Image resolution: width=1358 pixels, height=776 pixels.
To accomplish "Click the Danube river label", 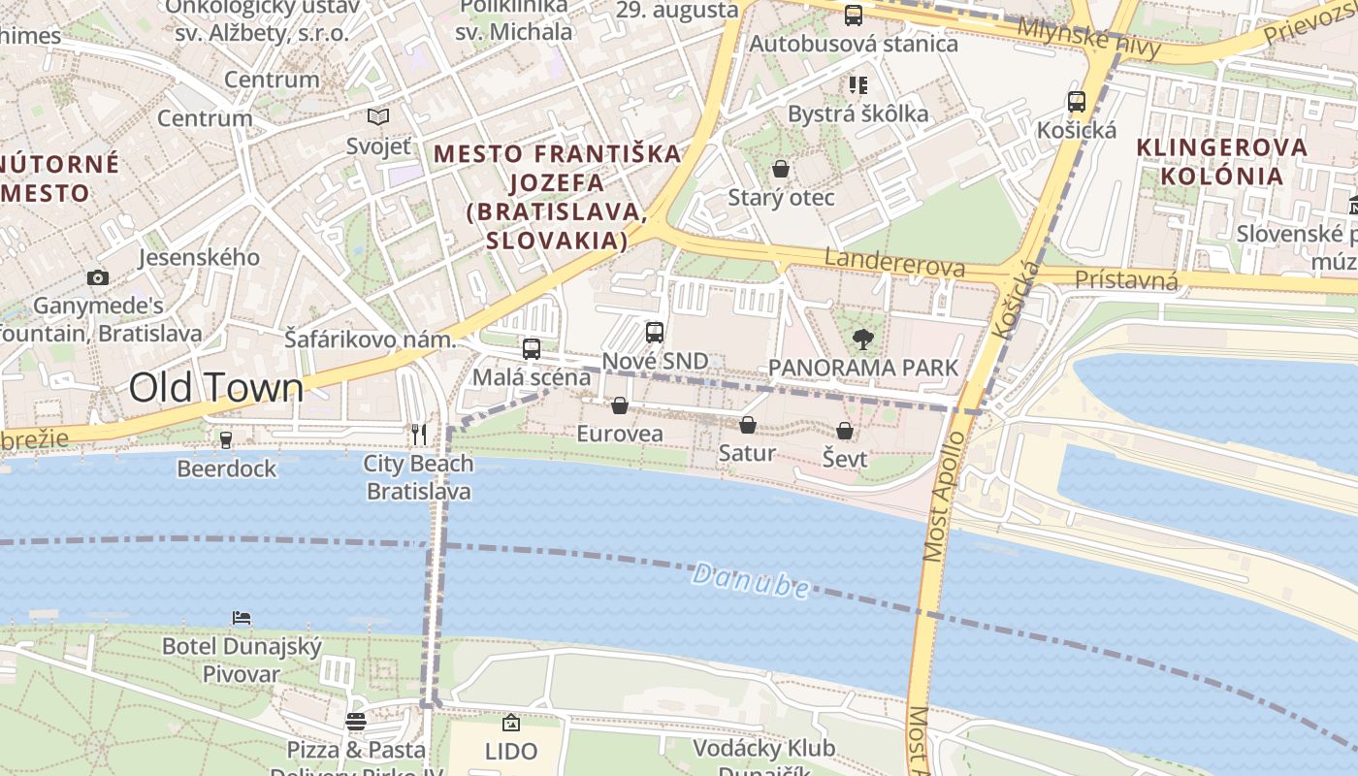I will pyautogui.click(x=751, y=582).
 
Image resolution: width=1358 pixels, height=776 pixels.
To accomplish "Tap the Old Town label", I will pyautogui.click(x=216, y=388).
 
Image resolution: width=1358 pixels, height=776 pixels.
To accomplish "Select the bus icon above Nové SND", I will pyautogui.click(x=655, y=333).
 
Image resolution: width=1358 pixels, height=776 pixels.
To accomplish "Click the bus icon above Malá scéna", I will pyautogui.click(x=531, y=349).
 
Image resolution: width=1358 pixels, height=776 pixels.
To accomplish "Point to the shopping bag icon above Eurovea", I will pyautogui.click(x=620, y=405).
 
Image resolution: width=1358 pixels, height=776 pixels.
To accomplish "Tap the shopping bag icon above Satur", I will pyautogui.click(x=747, y=425).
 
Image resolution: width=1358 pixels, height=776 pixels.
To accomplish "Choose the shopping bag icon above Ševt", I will pyautogui.click(x=845, y=431).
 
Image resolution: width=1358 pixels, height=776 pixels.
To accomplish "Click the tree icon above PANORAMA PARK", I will pyautogui.click(x=862, y=339).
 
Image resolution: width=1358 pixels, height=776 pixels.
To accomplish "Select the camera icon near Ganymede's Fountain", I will pyautogui.click(x=97, y=278).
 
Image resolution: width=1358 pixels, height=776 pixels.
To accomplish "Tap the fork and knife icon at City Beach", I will pyautogui.click(x=419, y=435).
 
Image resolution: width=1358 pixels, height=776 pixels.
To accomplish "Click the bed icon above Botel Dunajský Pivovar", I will pyautogui.click(x=242, y=618).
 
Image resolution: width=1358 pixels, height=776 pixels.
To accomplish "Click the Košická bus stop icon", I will pyautogui.click(x=1076, y=102).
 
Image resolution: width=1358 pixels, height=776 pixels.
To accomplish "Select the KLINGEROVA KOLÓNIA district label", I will pyautogui.click(x=1222, y=162).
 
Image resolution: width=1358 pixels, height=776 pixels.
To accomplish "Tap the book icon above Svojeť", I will pyautogui.click(x=378, y=117).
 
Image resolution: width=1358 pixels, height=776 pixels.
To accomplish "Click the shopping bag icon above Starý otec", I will pyautogui.click(x=781, y=170).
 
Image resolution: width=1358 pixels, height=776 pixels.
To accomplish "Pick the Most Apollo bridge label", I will pyautogui.click(x=940, y=497).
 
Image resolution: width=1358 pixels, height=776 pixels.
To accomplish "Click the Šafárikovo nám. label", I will pyautogui.click(x=370, y=340).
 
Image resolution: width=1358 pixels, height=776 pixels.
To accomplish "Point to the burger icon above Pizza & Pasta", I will pyautogui.click(x=356, y=722).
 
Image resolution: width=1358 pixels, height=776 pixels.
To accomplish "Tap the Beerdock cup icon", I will pyautogui.click(x=226, y=440).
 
